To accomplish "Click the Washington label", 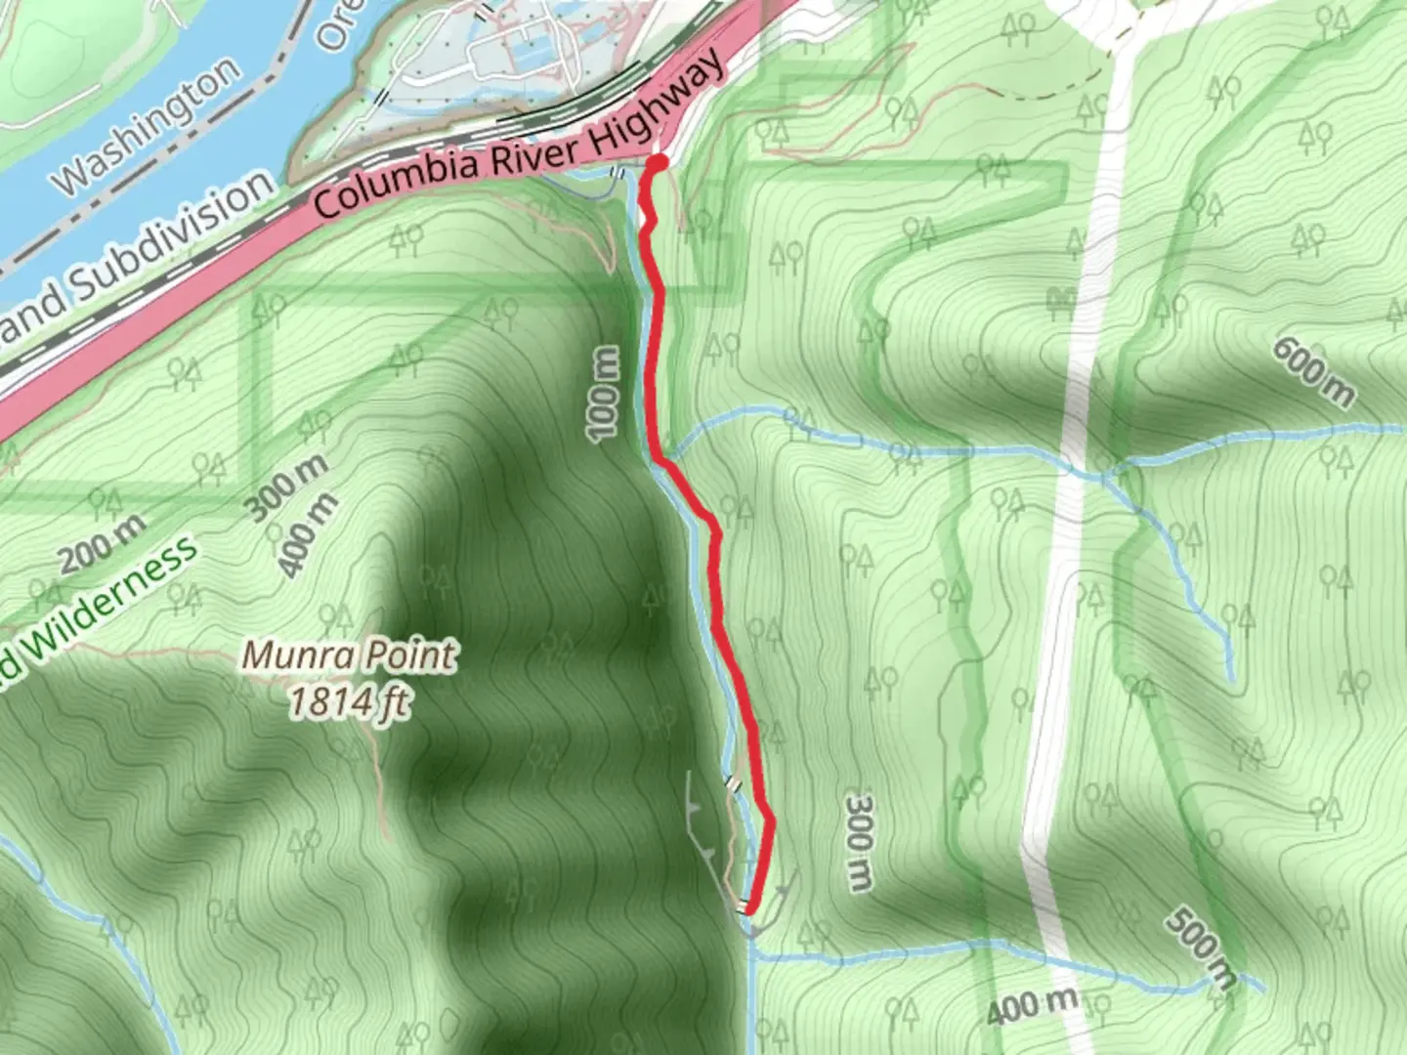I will click(148, 124).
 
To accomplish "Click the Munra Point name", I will click(349, 655).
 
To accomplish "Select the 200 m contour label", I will click(104, 543).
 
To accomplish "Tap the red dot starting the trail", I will click(659, 162).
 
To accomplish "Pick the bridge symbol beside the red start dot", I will click(618, 173).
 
